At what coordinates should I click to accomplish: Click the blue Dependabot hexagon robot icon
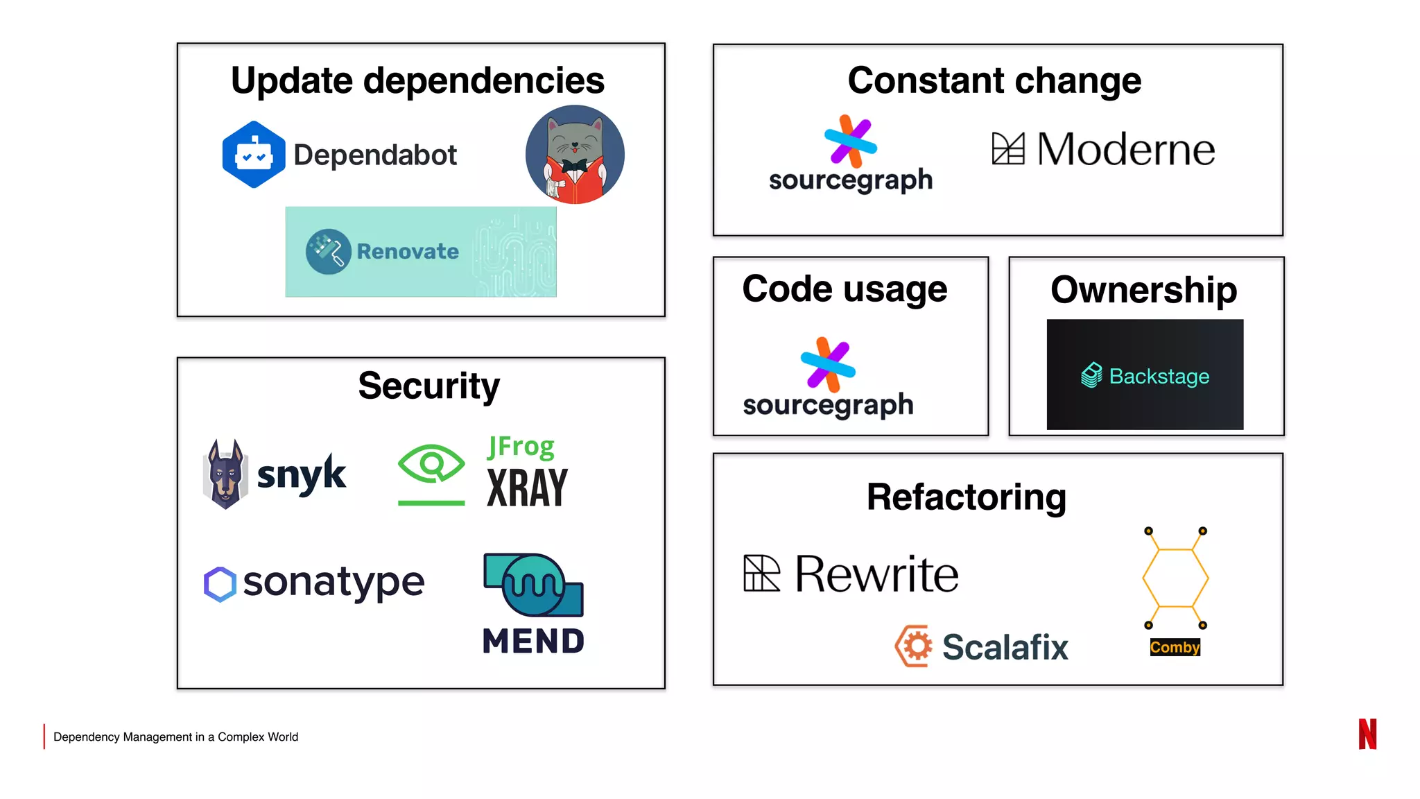[253, 155]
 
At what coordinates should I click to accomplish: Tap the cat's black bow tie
[574, 166]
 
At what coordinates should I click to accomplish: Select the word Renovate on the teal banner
[408, 251]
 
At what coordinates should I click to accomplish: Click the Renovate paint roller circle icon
[328, 251]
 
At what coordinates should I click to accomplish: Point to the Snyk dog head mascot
[225, 474]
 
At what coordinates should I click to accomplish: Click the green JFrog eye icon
[431, 464]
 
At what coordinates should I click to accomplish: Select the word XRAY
[527, 488]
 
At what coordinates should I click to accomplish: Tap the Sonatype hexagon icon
[220, 584]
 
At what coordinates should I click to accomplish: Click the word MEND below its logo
[533, 641]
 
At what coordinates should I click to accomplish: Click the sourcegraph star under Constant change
[850, 141]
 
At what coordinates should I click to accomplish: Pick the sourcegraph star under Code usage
[828, 364]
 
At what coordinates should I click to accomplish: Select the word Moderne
[1125, 149]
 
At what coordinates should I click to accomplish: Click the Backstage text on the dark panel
[1159, 376]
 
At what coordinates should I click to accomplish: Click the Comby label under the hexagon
[1175, 647]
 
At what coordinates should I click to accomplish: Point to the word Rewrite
[876, 574]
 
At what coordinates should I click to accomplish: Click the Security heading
[428, 386]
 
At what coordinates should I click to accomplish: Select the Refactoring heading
[966, 497]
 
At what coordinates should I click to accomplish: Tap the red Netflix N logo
[1367, 734]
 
